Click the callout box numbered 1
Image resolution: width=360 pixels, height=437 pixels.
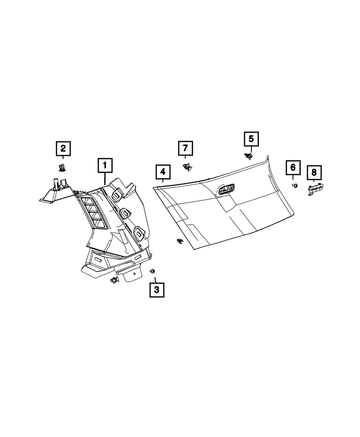pos(105,166)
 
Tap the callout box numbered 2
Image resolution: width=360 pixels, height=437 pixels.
pos(63,148)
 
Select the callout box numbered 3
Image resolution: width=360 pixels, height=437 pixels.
pos(157,290)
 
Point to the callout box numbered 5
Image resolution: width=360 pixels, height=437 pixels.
pos(251,139)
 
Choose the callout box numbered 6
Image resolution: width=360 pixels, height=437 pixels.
pos(293,167)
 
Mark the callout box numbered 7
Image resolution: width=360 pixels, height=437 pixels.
pos(185,148)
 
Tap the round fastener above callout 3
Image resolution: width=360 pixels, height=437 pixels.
pos(152,271)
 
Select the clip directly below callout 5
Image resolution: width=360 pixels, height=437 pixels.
pos(248,156)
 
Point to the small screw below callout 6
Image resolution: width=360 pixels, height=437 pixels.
pos(295,185)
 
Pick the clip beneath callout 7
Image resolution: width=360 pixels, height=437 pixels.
pos(186,167)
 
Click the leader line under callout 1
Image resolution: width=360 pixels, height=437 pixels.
pos(105,179)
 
